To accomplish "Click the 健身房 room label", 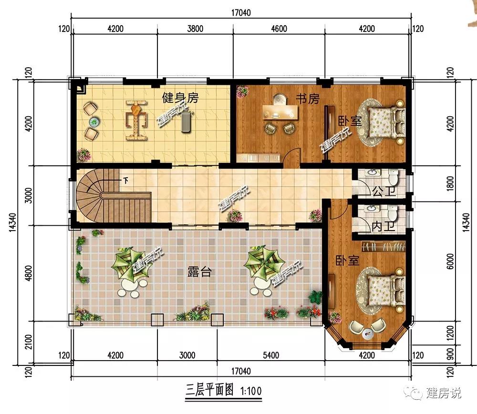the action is (x=180, y=98).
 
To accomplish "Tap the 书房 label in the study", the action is (x=308, y=99).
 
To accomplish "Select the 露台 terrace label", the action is (x=199, y=272).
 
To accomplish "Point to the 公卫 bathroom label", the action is (x=384, y=191).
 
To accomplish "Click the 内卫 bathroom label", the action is (x=384, y=226).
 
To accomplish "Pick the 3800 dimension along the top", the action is (x=195, y=29).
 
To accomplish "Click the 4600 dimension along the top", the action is (x=279, y=29).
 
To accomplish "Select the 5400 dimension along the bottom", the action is (x=271, y=355).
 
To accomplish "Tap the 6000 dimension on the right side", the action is (x=450, y=261).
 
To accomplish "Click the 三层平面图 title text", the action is (x=209, y=390).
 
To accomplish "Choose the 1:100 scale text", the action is (x=251, y=391).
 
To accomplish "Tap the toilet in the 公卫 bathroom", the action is (x=394, y=177).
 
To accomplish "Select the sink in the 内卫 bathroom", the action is (x=371, y=209).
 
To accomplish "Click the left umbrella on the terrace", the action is (x=130, y=263).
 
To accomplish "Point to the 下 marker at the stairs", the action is (x=125, y=181).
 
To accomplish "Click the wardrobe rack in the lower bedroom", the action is (x=384, y=246).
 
